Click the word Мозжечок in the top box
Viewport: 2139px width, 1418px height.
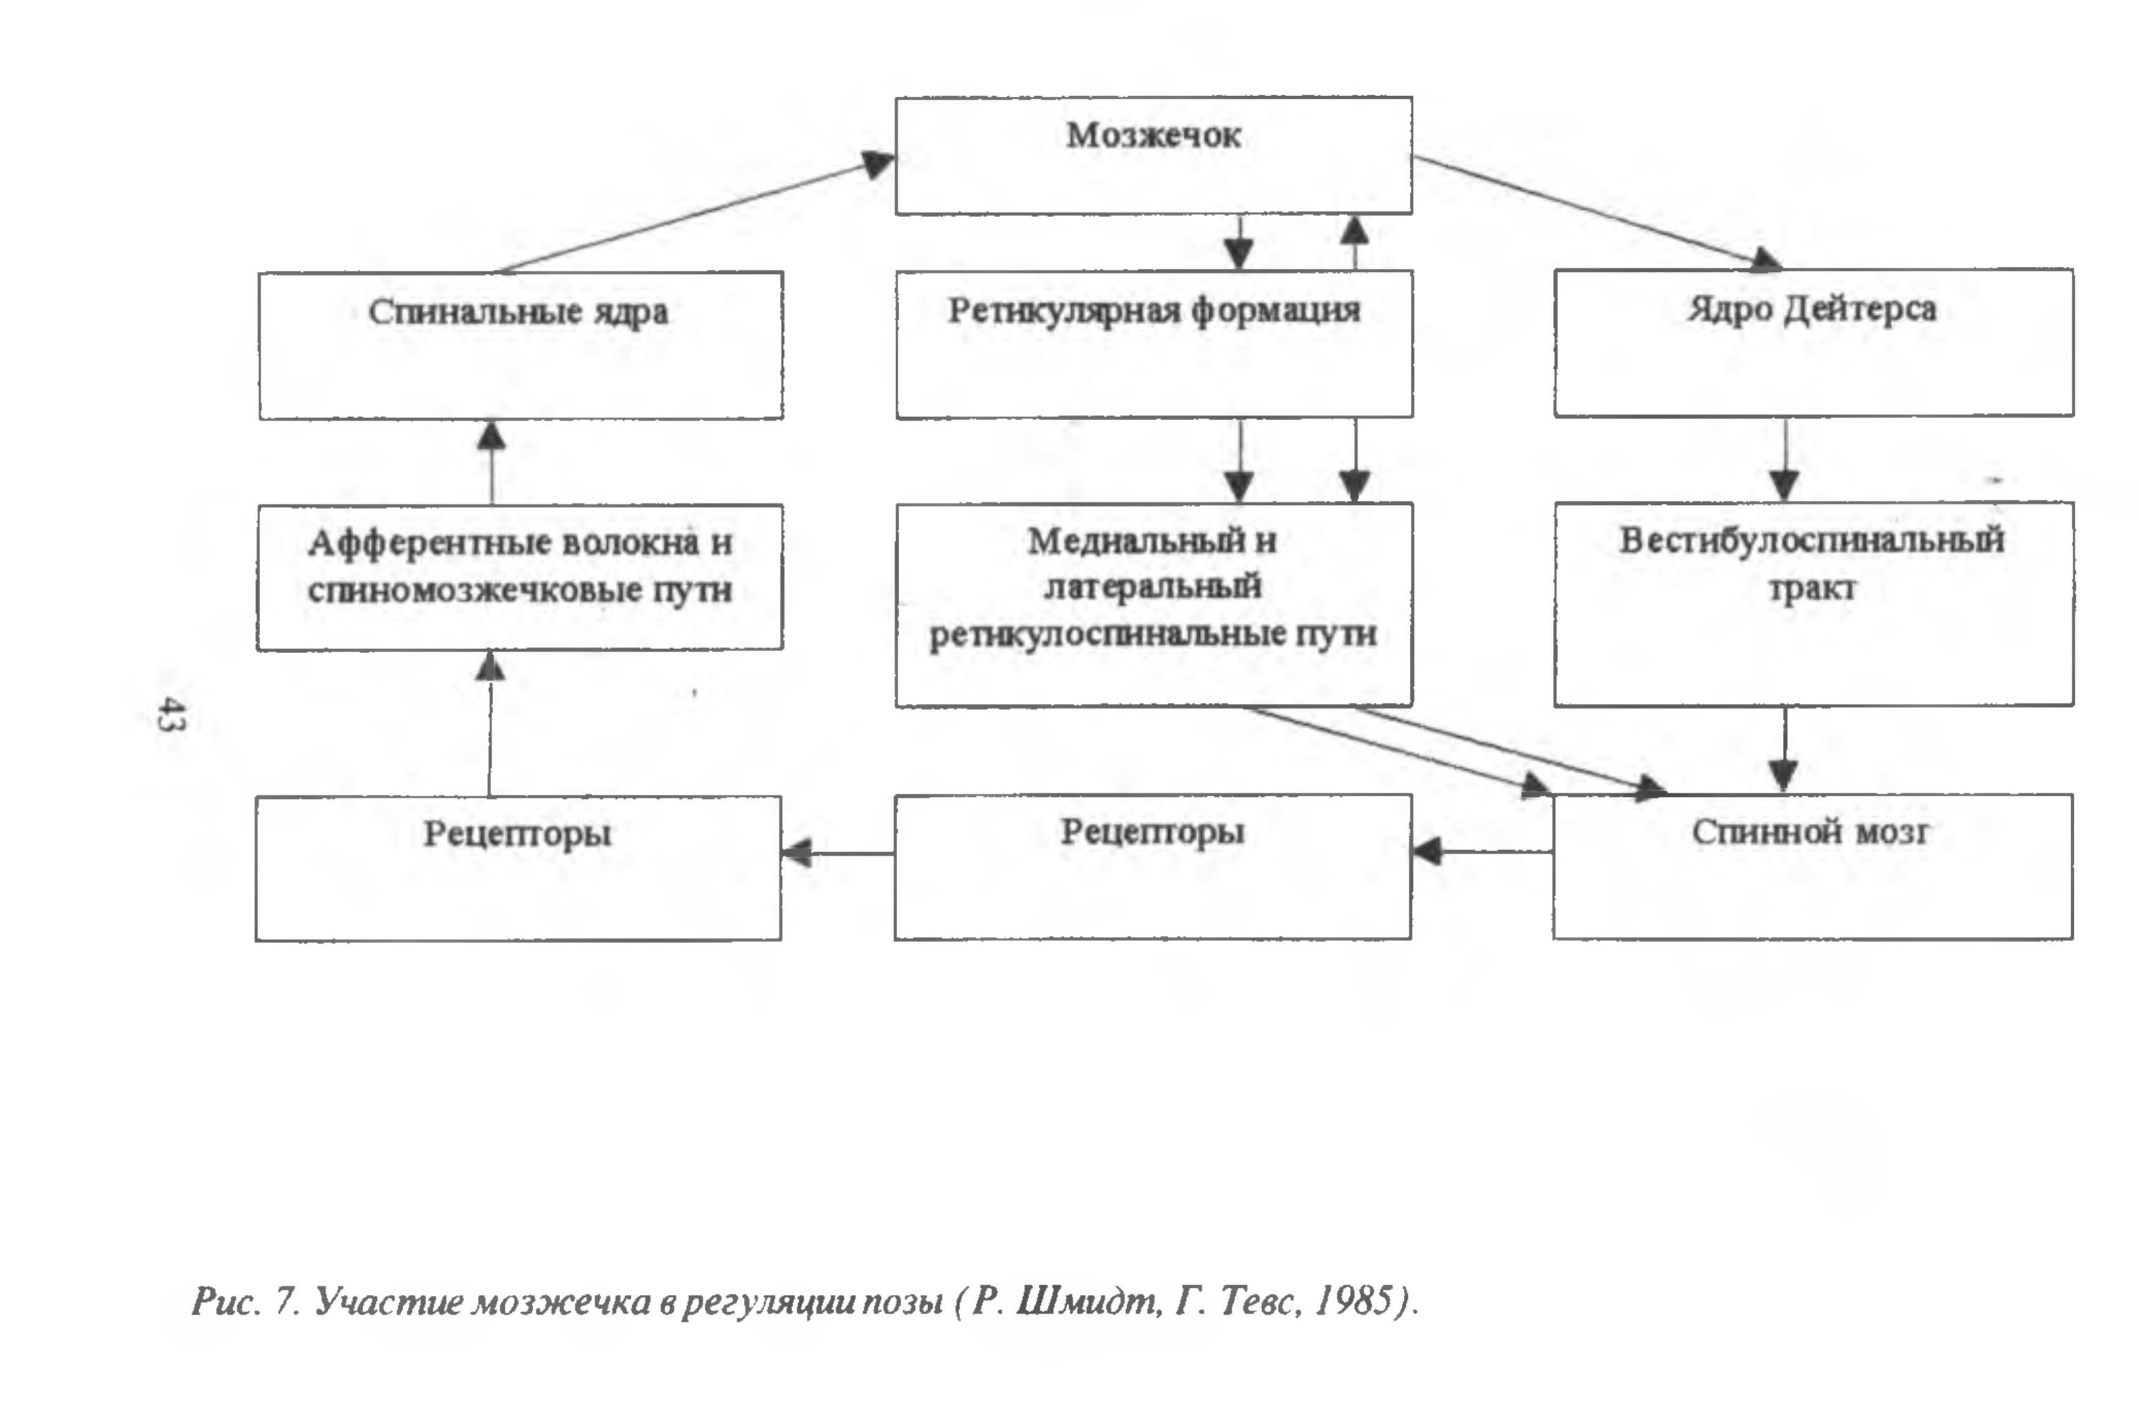[x=1154, y=135]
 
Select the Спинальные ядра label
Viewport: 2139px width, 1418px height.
[x=518, y=312]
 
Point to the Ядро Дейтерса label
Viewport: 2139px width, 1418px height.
[x=1812, y=309]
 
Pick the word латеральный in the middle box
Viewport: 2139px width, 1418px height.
[x=1153, y=587]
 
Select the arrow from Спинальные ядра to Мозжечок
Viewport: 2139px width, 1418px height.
[x=697, y=214]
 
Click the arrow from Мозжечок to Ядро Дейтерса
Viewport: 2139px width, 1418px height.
[x=1598, y=212]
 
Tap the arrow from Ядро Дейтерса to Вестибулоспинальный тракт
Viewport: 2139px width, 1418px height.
[x=1784, y=459]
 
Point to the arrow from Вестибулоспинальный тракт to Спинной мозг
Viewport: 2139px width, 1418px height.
[x=1784, y=750]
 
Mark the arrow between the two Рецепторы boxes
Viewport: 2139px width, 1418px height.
[x=838, y=853]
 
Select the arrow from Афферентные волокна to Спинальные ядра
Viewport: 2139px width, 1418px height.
[x=491, y=462]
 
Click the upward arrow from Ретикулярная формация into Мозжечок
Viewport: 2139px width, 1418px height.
[x=1353, y=242]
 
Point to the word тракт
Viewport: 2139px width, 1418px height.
[x=1812, y=589]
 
